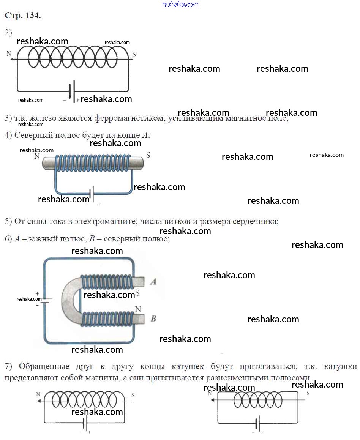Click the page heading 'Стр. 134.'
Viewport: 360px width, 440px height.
[x=23, y=16]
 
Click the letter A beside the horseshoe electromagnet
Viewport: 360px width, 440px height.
[x=153, y=282]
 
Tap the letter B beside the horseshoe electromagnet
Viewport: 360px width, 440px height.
[x=153, y=319]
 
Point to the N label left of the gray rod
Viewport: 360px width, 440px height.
[x=37, y=156]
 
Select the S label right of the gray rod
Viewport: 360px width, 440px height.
[x=148, y=155]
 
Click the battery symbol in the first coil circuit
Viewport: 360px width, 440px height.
[x=72, y=91]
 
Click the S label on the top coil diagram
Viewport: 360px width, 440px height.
[x=134, y=54]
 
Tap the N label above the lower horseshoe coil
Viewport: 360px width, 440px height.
[x=138, y=309]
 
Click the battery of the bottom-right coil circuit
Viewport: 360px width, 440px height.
[x=258, y=423]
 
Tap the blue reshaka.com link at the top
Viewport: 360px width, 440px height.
[x=180, y=4]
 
